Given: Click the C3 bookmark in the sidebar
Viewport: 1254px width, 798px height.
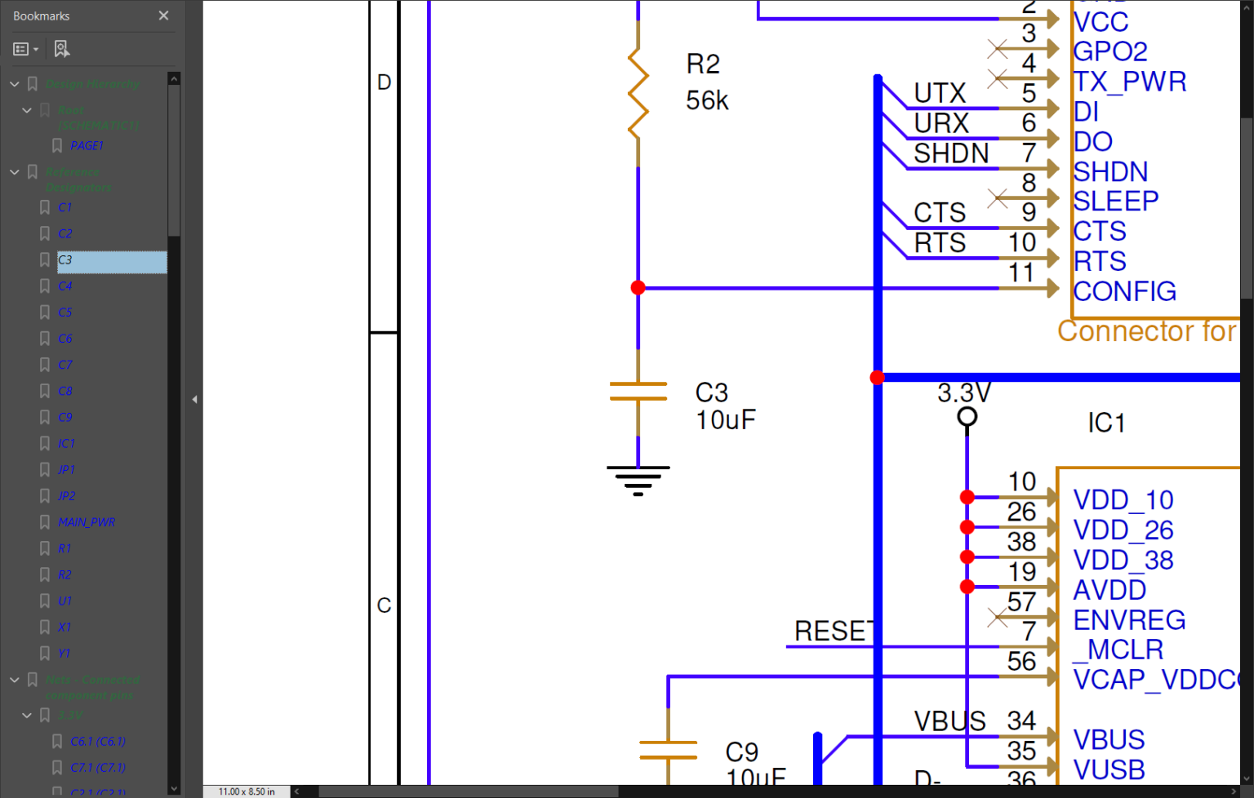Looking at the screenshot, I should tap(65, 260).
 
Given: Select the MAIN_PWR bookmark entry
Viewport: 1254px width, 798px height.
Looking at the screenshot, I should tap(86, 522).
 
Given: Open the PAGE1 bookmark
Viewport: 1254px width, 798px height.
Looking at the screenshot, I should tap(86, 146).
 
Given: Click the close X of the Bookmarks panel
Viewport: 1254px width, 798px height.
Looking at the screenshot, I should tap(163, 16).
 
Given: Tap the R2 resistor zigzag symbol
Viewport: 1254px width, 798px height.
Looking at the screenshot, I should tap(638, 93).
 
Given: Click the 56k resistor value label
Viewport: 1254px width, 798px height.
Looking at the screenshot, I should tap(707, 100).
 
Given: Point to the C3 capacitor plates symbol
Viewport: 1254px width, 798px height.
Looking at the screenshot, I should tap(638, 392).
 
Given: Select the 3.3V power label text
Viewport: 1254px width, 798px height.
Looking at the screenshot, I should tap(963, 393).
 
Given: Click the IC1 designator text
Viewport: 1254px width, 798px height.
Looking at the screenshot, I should tap(1106, 423).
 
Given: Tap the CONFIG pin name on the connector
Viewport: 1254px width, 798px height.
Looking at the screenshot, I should tap(1124, 291).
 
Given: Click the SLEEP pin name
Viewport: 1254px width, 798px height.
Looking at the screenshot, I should tap(1115, 201).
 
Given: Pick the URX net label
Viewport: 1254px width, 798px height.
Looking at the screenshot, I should tap(941, 123).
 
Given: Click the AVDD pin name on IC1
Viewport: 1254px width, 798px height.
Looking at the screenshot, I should tap(1109, 590).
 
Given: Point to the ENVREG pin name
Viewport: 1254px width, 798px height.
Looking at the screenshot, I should tap(1129, 620).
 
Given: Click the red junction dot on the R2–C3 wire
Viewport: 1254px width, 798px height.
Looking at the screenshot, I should tap(638, 288).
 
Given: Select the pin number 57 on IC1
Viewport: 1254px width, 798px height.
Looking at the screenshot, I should tap(1021, 602).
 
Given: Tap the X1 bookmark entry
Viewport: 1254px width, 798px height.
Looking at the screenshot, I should tap(64, 627).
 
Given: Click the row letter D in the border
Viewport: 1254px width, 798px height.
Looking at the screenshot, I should tap(385, 82).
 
